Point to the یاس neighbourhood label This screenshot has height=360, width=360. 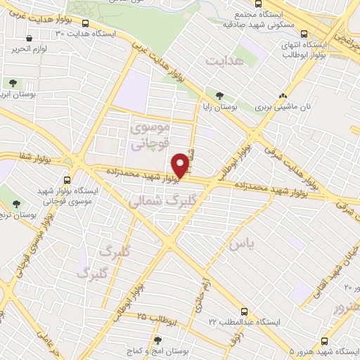240,243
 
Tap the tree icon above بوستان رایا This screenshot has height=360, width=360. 220,96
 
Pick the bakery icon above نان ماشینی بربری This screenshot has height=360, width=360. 282,96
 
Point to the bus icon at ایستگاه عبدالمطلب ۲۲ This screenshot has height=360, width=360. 244,310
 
